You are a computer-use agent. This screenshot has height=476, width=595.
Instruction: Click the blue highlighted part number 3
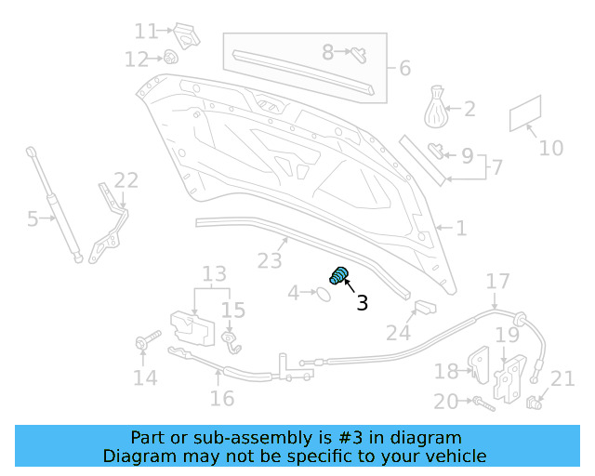pyautogui.click(x=339, y=276)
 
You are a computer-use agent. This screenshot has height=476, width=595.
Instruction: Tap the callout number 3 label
pyautogui.click(x=363, y=302)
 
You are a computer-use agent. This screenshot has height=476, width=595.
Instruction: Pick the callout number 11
pyautogui.click(x=145, y=32)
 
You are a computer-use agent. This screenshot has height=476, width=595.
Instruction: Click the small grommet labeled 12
pyautogui.click(x=172, y=58)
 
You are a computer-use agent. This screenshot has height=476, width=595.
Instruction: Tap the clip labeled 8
pyautogui.click(x=357, y=52)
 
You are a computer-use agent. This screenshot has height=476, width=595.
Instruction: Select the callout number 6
pyautogui.click(x=404, y=68)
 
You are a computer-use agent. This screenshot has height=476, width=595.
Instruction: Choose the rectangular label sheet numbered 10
pyautogui.click(x=526, y=115)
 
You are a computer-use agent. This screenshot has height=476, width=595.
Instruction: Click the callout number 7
pyautogui.click(x=497, y=167)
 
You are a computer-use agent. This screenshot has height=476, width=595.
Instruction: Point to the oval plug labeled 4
pyautogui.click(x=320, y=294)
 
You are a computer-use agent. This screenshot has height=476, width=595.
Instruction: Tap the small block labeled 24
pyautogui.click(x=425, y=308)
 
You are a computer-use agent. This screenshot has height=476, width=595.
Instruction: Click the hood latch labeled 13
pyautogui.click(x=192, y=326)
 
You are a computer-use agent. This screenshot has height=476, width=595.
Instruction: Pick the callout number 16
pyautogui.click(x=222, y=398)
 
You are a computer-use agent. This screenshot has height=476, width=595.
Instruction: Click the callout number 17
pyautogui.click(x=498, y=281)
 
